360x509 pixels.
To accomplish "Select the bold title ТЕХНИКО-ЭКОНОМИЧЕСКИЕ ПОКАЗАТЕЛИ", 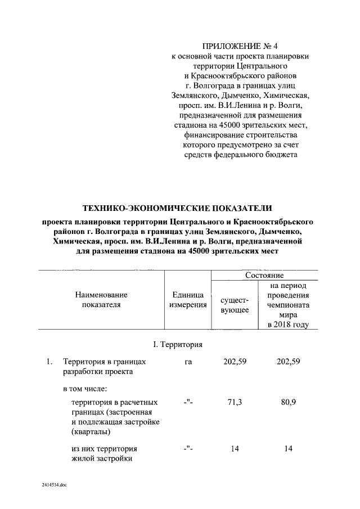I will tap(177, 209).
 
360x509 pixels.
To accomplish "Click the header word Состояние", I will tap(264, 276).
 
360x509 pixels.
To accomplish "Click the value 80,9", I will tap(288, 403).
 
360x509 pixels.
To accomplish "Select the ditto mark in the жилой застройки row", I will tap(188, 449).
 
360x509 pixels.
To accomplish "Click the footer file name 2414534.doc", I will tap(54, 484).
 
